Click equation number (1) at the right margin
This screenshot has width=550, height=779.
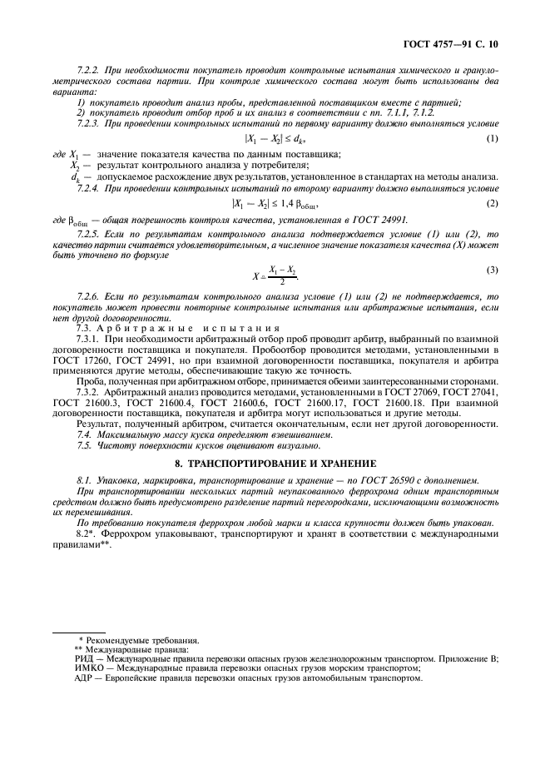click(x=493, y=137)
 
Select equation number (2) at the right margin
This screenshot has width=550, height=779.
click(x=493, y=203)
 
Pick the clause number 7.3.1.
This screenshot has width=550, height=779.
click(x=87, y=343)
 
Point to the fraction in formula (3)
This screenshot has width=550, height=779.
click(x=282, y=275)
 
